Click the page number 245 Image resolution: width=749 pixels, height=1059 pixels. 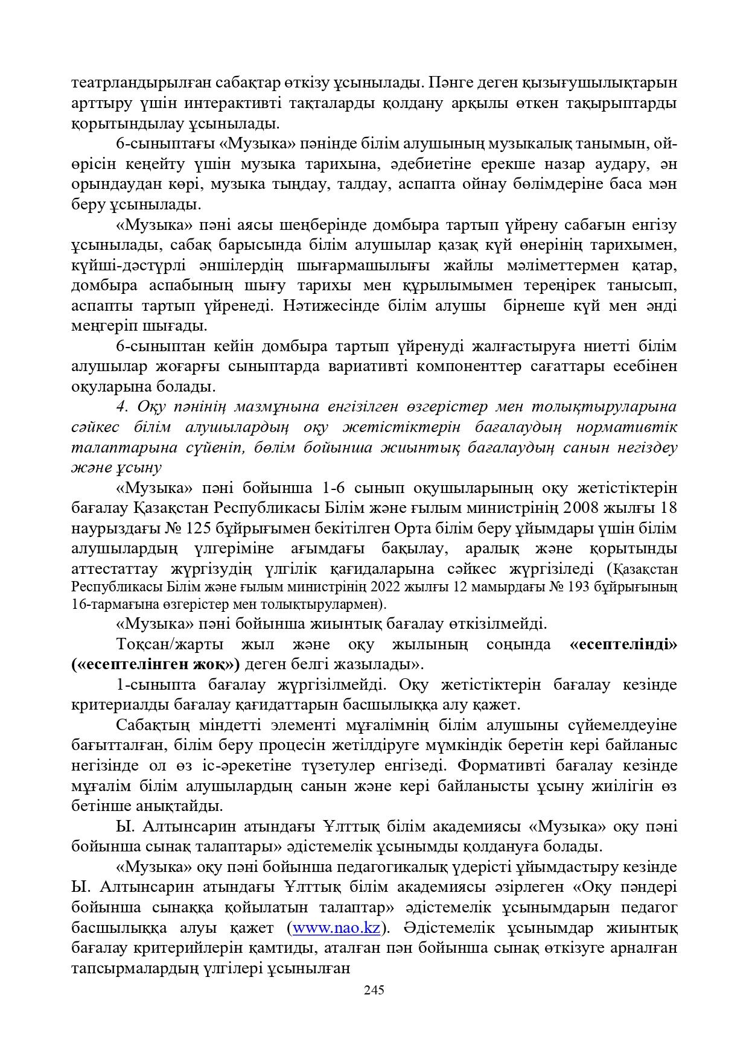(374, 990)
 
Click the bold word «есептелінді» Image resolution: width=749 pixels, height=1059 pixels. (623, 644)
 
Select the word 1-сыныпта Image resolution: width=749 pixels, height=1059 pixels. (155, 685)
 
